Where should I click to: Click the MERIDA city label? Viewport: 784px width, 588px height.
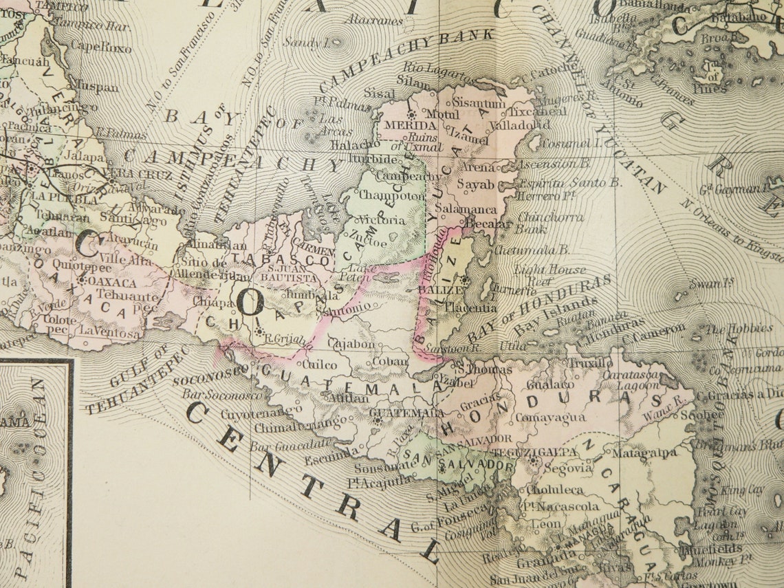click(x=410, y=126)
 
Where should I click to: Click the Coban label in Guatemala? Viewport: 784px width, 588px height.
click(x=390, y=361)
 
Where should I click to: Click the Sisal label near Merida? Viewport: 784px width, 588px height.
click(x=380, y=94)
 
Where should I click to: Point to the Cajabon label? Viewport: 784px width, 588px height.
click(x=351, y=343)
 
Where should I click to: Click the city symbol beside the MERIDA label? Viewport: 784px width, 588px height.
click(x=412, y=114)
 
